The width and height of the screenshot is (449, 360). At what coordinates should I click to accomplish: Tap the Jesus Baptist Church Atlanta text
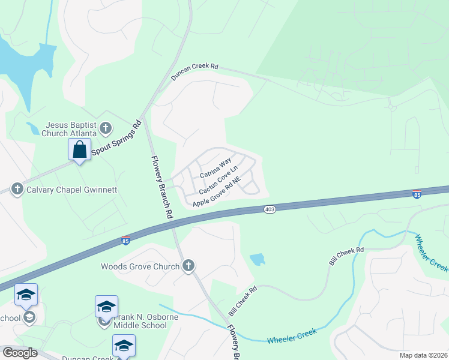tap(68, 129)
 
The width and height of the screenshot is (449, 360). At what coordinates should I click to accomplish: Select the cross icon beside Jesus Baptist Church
tap(106, 128)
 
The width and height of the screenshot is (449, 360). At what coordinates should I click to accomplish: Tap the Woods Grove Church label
tap(140, 266)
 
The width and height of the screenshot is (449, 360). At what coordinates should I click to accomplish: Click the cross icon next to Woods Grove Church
tap(188, 266)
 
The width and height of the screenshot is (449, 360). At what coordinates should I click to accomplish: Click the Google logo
tap(20, 353)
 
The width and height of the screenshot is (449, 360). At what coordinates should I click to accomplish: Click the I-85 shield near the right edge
tap(417, 193)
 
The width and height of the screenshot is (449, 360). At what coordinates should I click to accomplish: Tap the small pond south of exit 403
tap(258, 259)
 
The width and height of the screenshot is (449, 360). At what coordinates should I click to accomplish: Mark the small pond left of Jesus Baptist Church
tap(32, 128)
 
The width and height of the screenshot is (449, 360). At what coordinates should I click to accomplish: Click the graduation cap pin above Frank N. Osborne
tap(106, 307)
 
